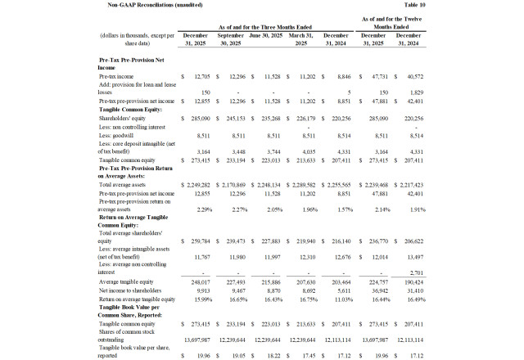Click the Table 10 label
click(x=496, y=5)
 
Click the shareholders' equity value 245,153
click(x=229, y=119)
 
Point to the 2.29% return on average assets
click(x=194, y=210)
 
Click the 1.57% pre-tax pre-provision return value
click(x=338, y=210)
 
